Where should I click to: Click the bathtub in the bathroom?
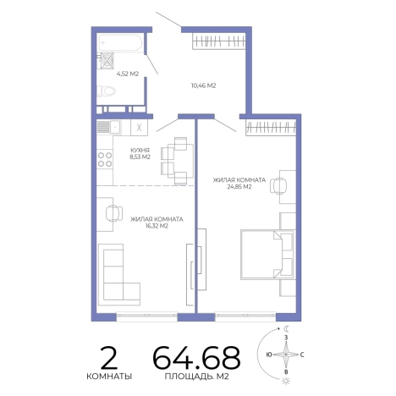(x=120, y=43)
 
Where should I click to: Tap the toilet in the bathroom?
(x=107, y=91)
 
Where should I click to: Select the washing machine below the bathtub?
(x=107, y=60)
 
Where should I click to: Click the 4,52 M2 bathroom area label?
(x=128, y=74)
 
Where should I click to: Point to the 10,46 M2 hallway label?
(x=203, y=85)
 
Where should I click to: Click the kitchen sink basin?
(x=116, y=128)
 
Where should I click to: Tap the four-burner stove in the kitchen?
(x=105, y=159)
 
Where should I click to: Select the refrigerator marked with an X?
(x=139, y=128)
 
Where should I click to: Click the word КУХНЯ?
(x=140, y=150)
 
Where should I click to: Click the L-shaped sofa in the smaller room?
(x=119, y=275)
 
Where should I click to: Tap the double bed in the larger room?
(x=267, y=255)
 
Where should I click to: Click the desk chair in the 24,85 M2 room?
(x=278, y=186)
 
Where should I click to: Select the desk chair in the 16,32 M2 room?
(x=114, y=213)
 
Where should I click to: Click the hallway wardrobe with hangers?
(x=218, y=41)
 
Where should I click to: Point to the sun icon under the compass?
(x=286, y=381)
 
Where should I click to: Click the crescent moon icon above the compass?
(x=287, y=328)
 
